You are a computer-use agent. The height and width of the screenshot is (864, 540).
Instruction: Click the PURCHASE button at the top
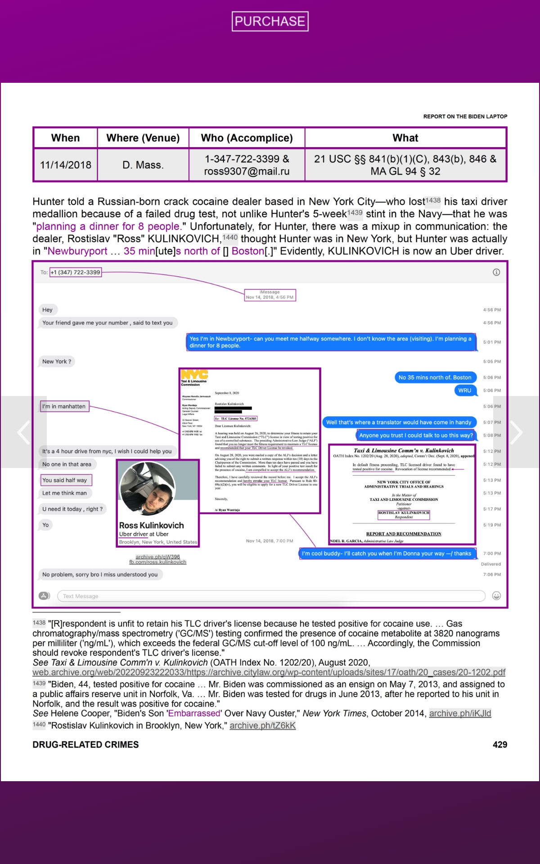click(x=270, y=21)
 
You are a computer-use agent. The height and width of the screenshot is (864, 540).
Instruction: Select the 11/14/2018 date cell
click(x=66, y=165)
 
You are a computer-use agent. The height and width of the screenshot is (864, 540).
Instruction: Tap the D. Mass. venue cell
click(x=143, y=165)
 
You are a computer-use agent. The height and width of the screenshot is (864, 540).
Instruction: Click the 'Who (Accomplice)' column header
click(x=247, y=138)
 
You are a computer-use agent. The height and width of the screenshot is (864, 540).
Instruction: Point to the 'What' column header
click(x=405, y=138)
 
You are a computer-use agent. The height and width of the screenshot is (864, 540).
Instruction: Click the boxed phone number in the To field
click(x=76, y=272)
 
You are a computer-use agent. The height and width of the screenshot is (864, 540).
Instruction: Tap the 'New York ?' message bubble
click(x=57, y=361)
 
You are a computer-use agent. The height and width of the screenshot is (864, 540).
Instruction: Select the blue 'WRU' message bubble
click(x=465, y=390)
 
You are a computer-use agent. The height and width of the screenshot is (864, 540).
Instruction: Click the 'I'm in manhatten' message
click(x=64, y=406)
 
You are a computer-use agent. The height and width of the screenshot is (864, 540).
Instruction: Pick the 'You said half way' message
click(x=65, y=480)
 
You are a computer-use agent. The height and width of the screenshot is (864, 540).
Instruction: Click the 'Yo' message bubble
click(x=45, y=525)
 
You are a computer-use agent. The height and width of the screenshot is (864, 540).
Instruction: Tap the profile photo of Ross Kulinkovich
click(x=148, y=488)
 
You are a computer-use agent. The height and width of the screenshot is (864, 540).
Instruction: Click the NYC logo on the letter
click(x=194, y=374)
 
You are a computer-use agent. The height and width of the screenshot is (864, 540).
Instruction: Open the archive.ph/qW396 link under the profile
click(x=157, y=557)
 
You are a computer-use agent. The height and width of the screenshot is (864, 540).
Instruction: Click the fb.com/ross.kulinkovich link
click(x=157, y=562)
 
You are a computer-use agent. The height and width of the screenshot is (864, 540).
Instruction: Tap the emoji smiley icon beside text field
click(x=496, y=596)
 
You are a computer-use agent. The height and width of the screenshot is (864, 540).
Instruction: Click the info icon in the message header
click(x=496, y=272)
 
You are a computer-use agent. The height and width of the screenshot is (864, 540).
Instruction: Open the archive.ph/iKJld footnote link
click(x=460, y=713)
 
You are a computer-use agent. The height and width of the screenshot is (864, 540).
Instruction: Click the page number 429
click(x=499, y=744)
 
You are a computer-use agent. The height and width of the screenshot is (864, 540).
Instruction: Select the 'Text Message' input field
click(x=270, y=596)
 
